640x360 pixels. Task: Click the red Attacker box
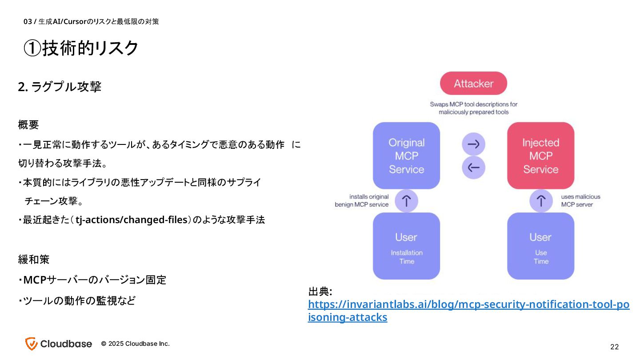(473, 84)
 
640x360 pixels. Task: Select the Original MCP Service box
(406, 156)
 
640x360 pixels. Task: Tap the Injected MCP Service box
(540, 156)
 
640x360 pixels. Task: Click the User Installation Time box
(406, 246)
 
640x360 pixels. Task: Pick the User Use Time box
(540, 246)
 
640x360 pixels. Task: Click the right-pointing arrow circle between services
(473, 144)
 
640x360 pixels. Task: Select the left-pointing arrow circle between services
(473, 168)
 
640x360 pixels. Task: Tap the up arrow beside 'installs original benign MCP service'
(406, 201)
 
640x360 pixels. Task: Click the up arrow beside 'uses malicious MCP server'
(540, 201)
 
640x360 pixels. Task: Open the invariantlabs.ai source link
(468, 305)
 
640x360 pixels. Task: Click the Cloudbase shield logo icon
(31, 344)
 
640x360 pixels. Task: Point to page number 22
(614, 347)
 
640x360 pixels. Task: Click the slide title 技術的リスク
(81, 48)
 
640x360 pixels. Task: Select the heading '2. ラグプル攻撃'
(60, 87)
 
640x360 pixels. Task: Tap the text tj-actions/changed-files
(130, 220)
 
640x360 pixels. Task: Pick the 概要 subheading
(28, 124)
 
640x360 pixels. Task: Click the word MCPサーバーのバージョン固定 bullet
(94, 280)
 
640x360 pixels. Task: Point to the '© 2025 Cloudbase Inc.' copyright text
(135, 344)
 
